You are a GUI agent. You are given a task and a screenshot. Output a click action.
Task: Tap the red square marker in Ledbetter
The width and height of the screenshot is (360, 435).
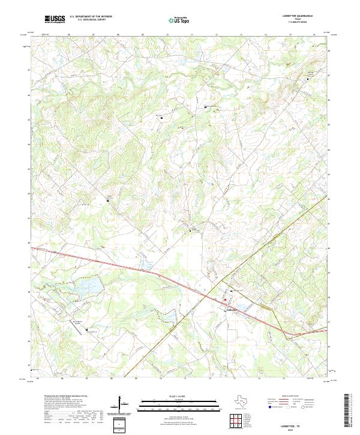pyautogui.click(x=226, y=299)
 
